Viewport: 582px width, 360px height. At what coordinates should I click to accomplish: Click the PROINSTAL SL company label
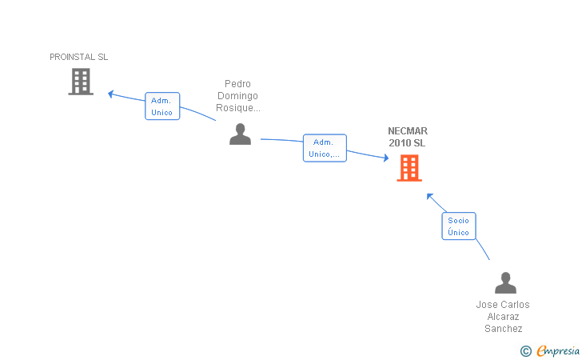coord(78,57)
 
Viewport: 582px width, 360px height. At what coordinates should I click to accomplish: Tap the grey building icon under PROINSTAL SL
coord(81,82)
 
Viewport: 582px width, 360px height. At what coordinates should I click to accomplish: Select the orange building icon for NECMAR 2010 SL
coord(409,168)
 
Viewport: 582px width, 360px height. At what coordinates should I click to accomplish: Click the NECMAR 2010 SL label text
coord(408,137)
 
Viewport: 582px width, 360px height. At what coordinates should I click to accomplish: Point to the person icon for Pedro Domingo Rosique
coord(240,134)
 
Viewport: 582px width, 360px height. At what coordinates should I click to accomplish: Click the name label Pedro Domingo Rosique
coord(238,96)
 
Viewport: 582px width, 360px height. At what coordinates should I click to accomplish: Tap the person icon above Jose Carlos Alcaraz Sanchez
coord(505,282)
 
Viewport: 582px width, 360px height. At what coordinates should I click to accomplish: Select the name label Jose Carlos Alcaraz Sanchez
coord(503,317)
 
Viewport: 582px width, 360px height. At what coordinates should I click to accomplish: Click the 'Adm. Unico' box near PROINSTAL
coord(162,106)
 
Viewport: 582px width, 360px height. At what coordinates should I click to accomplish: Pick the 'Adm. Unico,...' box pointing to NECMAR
coord(325,148)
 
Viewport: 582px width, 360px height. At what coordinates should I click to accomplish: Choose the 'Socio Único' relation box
coord(459,226)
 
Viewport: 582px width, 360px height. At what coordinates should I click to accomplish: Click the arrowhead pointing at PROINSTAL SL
coord(110,94)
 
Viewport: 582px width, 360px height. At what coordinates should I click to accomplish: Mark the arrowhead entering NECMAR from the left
coord(386,158)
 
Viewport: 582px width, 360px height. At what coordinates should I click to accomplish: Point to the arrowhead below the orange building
coord(429,196)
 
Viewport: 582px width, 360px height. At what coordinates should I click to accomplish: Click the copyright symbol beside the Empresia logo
coord(525,351)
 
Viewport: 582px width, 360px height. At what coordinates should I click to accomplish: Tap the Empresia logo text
coord(558,350)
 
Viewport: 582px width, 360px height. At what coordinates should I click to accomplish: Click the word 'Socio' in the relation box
coord(458,220)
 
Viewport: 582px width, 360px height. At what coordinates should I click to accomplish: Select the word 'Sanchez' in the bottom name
coord(504,329)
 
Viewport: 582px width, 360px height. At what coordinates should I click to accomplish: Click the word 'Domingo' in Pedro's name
coord(237,96)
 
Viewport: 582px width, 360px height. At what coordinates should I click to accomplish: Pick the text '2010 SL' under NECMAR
coord(407,143)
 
